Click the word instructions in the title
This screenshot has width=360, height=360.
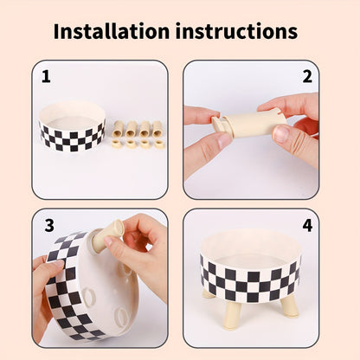click(x=239, y=32)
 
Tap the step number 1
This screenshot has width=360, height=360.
click(x=46, y=76)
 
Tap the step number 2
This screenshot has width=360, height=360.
click(x=306, y=76)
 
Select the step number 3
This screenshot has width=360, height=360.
click(x=49, y=225)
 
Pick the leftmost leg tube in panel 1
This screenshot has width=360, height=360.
click(x=117, y=129)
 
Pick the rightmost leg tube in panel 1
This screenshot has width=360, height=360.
click(x=158, y=129)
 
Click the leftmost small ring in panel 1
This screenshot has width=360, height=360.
click(x=116, y=143)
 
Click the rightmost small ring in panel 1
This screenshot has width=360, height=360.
click(x=158, y=143)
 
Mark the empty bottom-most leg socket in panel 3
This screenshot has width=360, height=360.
click(x=120, y=317)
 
